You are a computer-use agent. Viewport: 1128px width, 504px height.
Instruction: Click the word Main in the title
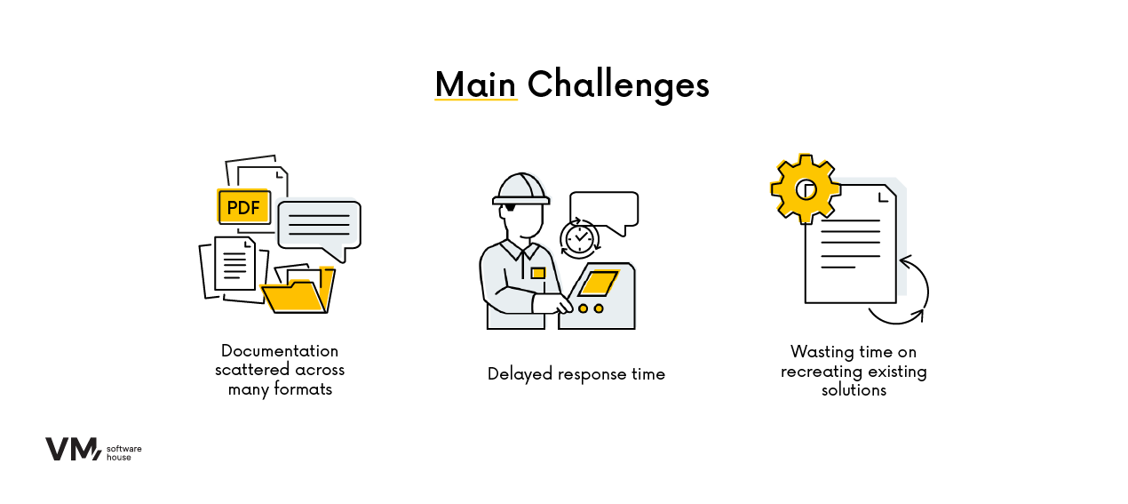(475, 84)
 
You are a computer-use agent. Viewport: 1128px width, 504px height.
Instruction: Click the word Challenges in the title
(618, 85)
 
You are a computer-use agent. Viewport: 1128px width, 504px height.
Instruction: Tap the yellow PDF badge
(243, 206)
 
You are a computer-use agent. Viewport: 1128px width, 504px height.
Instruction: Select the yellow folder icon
(298, 292)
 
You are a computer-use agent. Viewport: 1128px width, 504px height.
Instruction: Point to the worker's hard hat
(520, 189)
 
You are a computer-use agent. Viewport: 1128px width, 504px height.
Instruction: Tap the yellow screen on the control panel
(599, 283)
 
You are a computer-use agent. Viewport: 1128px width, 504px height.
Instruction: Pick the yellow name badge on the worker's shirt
(538, 273)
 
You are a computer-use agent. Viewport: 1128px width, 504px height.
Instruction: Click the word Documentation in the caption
(280, 351)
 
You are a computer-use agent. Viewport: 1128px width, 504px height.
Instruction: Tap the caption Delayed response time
(576, 374)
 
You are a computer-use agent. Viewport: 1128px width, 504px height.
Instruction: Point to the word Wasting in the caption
(822, 352)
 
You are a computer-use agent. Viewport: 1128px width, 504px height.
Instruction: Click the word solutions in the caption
(854, 390)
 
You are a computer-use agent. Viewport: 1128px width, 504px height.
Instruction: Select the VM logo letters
(74, 449)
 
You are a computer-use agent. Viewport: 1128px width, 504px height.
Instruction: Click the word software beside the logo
(123, 449)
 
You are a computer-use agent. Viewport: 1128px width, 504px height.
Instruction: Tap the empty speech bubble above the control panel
(604, 209)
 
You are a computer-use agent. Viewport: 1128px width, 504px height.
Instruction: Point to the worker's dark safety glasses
(510, 207)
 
